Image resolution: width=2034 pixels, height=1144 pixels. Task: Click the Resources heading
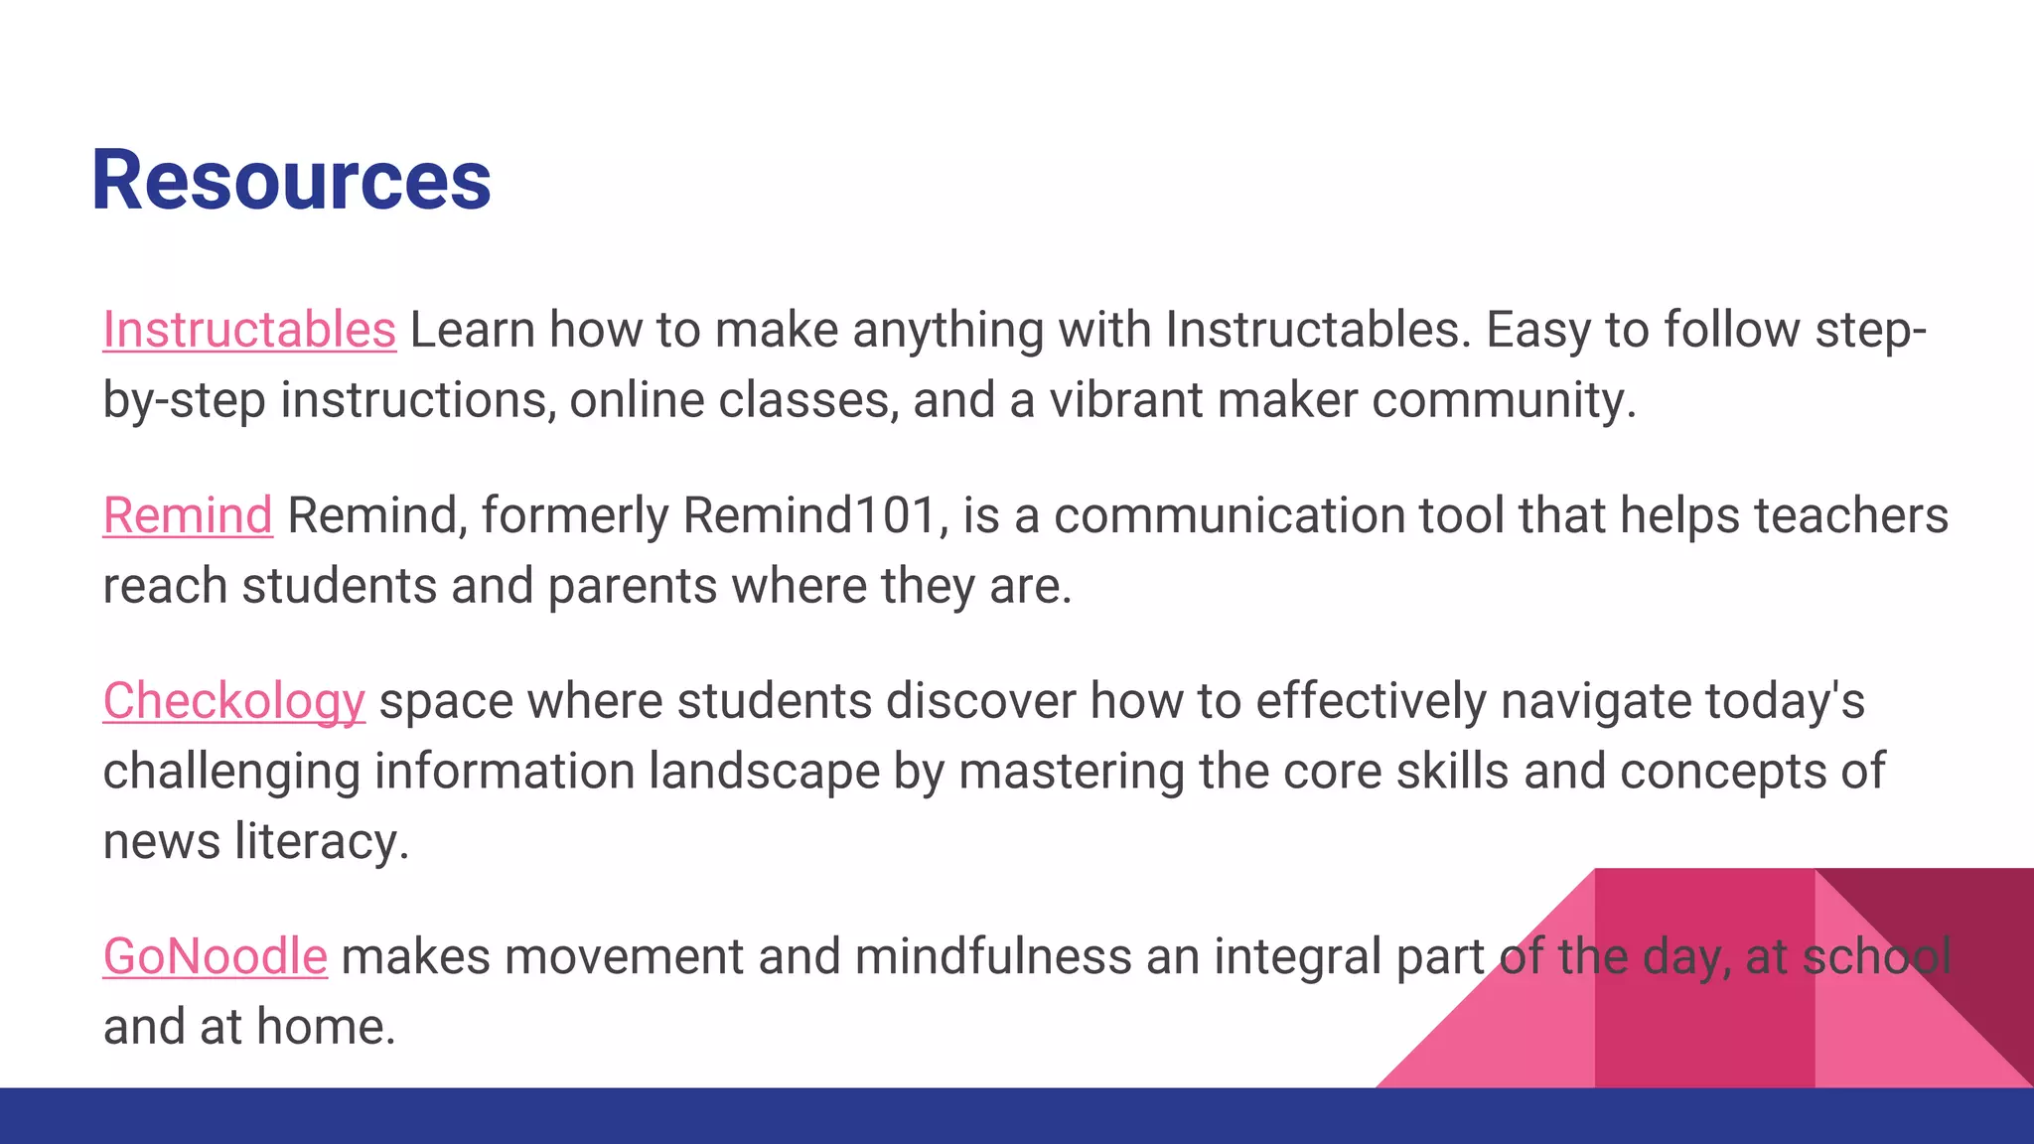click(291, 180)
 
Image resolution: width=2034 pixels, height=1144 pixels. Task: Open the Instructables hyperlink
click(249, 330)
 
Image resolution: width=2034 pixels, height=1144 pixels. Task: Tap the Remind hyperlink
click(188, 515)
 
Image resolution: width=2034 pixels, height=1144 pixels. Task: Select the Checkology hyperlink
click(234, 701)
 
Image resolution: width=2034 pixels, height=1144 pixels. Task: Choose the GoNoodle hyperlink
click(216, 956)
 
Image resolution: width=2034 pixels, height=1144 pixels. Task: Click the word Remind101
click(808, 515)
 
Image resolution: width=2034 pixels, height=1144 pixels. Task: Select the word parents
click(632, 586)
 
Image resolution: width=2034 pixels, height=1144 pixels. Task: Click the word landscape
click(764, 772)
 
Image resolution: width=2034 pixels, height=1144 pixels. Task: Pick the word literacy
click(321, 841)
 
